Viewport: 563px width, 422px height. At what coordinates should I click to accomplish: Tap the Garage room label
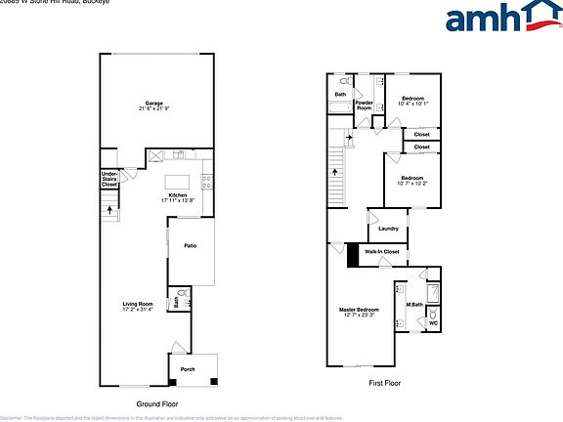tap(153, 105)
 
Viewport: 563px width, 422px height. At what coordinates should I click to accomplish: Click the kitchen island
tap(177, 182)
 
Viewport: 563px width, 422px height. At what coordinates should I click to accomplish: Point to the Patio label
tap(190, 246)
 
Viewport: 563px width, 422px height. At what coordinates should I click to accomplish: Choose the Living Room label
tap(138, 305)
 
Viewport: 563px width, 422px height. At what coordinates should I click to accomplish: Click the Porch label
tap(187, 368)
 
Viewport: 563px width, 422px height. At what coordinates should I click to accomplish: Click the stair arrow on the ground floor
tap(108, 208)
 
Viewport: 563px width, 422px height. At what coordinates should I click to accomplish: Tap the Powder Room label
tap(364, 105)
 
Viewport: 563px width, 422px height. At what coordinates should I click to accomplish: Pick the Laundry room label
tap(388, 230)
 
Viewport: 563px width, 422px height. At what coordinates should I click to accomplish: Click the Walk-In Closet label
tap(382, 252)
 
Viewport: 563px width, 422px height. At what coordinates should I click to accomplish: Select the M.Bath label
tap(413, 306)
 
